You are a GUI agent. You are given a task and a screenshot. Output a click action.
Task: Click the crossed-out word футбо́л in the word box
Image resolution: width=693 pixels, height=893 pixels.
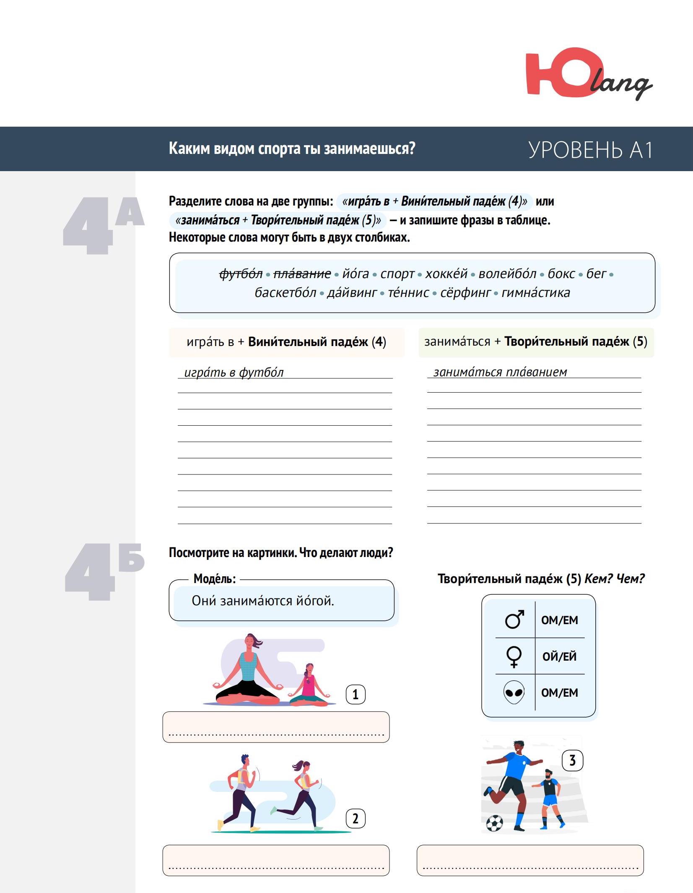point(241,274)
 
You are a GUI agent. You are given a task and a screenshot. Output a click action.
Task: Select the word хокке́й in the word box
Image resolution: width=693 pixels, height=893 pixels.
point(446,274)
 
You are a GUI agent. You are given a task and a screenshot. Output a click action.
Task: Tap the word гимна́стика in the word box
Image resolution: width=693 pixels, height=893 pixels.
point(535,292)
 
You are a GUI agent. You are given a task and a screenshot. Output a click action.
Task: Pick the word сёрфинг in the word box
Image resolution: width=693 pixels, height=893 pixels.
point(465,292)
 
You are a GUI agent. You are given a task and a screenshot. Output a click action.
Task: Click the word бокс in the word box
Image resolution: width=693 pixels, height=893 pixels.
point(561,274)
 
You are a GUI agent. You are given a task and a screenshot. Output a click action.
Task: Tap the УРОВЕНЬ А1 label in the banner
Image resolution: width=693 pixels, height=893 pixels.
point(590,150)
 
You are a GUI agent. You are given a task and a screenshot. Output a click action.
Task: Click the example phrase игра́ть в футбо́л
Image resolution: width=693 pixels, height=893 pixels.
point(234,372)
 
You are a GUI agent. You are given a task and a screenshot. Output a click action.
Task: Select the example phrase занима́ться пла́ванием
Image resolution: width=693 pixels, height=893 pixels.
point(500,372)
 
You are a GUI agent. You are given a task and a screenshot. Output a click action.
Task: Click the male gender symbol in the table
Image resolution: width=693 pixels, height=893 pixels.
point(514,619)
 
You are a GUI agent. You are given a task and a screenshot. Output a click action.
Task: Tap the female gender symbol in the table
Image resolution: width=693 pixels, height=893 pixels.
point(514,656)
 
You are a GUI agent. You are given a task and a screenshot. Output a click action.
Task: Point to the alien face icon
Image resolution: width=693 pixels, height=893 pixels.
point(514,692)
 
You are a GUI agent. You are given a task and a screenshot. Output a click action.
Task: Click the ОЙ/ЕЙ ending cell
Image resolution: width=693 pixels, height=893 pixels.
point(559,656)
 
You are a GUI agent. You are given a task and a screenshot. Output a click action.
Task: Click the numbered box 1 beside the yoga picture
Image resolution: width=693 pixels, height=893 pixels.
point(355,694)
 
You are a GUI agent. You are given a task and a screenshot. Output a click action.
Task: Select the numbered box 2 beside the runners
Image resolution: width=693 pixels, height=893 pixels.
point(355,818)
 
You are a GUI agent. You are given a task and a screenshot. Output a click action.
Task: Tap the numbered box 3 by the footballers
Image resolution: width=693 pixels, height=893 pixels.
point(572,760)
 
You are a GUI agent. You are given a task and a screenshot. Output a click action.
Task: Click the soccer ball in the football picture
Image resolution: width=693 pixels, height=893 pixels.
point(494,823)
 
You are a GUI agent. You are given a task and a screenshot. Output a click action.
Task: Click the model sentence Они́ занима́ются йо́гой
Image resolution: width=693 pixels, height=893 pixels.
point(263,601)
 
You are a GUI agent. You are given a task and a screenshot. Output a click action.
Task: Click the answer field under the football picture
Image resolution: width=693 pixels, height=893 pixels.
point(530,860)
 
